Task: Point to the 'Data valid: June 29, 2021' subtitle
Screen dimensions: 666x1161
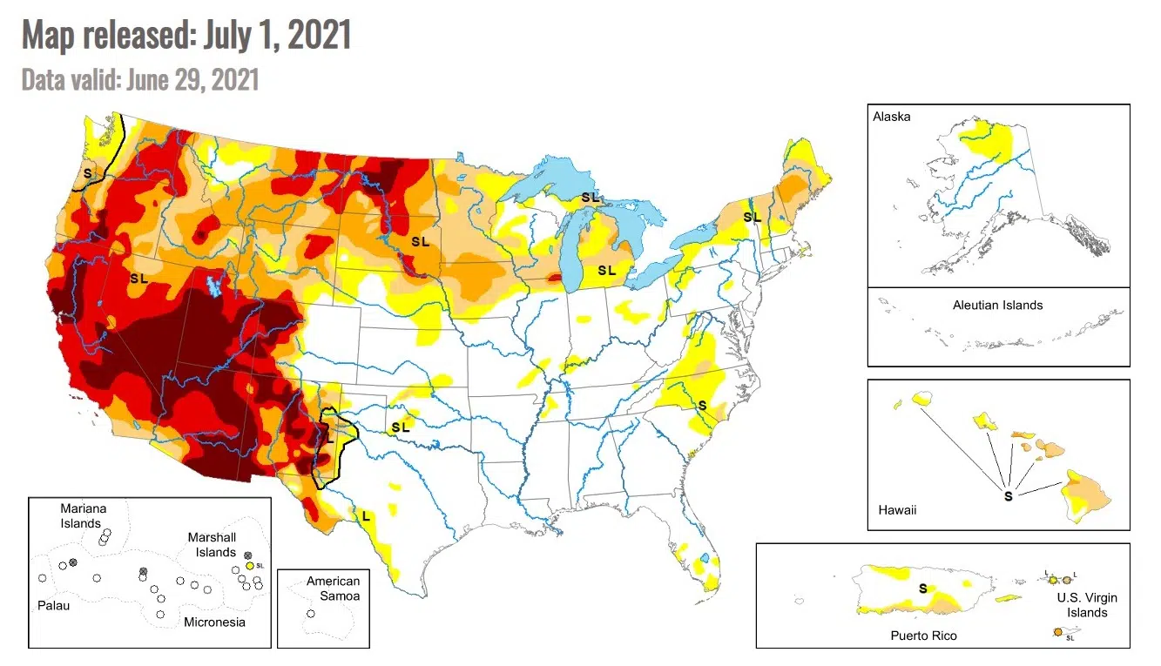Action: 140,80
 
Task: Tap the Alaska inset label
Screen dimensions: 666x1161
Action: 891,117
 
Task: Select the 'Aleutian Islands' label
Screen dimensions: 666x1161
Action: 997,305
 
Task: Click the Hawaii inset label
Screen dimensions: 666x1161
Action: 897,509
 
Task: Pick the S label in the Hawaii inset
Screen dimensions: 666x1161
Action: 1008,496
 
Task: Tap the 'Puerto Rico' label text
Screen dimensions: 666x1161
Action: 923,636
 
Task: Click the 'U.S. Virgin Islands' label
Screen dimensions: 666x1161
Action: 1087,605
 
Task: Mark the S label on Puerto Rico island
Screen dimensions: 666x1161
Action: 922,589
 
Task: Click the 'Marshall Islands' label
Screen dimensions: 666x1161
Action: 212,545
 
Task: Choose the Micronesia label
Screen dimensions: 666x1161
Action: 214,622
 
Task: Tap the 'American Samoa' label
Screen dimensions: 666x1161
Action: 332,589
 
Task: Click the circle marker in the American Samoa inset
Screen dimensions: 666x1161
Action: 311,614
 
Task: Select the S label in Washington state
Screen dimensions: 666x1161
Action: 87,173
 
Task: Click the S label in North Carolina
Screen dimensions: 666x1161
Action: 701,406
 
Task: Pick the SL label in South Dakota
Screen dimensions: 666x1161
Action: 420,241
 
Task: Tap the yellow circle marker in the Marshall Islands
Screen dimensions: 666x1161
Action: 249,566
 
